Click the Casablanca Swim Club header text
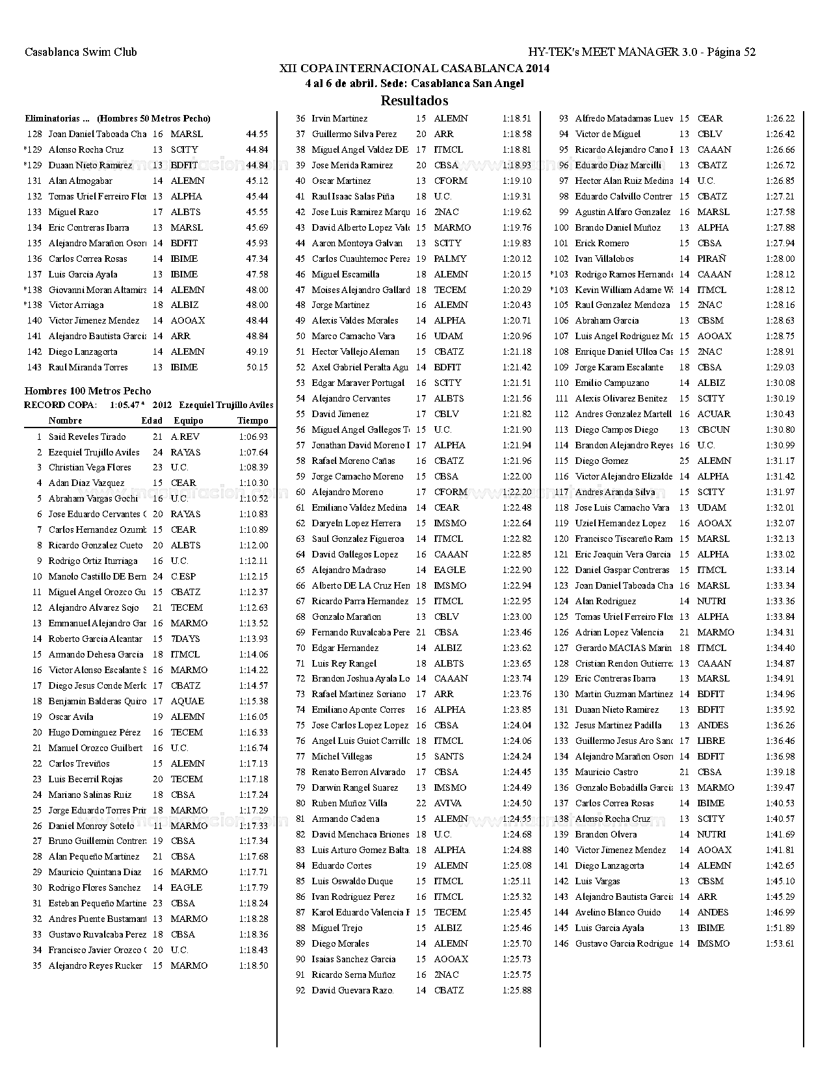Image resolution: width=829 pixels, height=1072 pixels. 81,52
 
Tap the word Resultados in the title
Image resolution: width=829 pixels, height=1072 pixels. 414,101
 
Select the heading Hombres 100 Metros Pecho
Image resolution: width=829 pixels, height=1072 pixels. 88,390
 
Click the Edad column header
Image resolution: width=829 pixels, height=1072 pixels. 152,420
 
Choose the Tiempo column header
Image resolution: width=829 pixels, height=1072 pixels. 252,420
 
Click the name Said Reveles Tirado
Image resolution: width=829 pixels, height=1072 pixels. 87,437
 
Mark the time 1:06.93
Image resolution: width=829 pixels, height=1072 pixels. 254,437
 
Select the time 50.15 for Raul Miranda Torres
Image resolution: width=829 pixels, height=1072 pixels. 257,367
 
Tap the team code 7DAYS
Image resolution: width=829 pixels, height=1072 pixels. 185,639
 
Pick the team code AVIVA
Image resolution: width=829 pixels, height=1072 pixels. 447,803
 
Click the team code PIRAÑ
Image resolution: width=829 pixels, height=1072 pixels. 711,259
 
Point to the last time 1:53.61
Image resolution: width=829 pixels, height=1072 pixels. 780,943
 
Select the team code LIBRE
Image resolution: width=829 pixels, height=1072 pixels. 711,741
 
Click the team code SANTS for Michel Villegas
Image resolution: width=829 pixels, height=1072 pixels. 449,756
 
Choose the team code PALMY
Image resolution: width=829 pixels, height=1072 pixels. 450,259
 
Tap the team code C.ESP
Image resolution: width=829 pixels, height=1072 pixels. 183,576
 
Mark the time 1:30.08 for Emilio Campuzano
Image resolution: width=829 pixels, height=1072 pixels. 780,383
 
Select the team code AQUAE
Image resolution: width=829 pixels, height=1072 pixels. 187,701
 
